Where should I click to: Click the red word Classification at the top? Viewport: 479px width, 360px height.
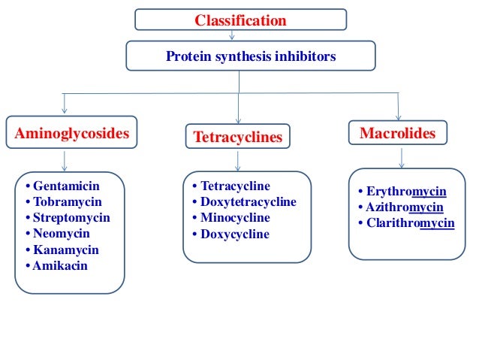coord(240,20)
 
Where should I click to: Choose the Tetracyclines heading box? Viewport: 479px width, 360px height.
coord(238,137)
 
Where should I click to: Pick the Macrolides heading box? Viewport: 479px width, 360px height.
coord(397,133)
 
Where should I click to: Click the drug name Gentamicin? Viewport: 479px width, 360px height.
coord(66,186)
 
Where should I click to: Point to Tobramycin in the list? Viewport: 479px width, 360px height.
coord(68,201)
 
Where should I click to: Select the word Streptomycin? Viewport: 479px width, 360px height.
coord(71,217)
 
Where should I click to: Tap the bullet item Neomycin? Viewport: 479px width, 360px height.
coord(62,233)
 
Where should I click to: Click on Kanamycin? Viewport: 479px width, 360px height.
coord(65,250)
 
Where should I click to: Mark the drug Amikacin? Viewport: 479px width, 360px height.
coord(60,265)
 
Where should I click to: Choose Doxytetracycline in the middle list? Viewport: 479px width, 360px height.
coord(248,202)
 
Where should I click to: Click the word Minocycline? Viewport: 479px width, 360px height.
coord(235,218)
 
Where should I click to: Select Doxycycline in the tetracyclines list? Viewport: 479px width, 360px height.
coord(234,234)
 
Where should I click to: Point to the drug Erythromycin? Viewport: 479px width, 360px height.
coord(406,192)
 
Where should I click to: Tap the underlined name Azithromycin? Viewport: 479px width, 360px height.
coord(405,207)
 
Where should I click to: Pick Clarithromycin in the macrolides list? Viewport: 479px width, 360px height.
coord(410,223)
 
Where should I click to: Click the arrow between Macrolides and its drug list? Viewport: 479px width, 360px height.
coord(403,156)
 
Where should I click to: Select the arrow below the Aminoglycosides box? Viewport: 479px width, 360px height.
coord(65,160)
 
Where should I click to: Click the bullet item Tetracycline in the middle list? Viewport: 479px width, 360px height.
coord(235,186)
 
